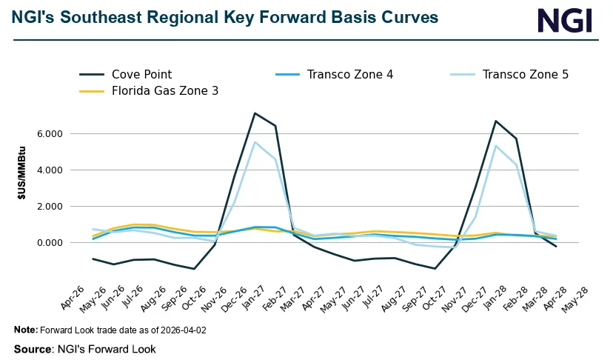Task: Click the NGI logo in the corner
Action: (565, 20)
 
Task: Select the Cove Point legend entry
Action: (141, 74)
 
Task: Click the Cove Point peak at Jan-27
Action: (255, 113)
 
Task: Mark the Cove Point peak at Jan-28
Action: (496, 121)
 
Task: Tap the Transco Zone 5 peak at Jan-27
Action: (255, 142)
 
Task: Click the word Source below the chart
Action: (33, 349)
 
